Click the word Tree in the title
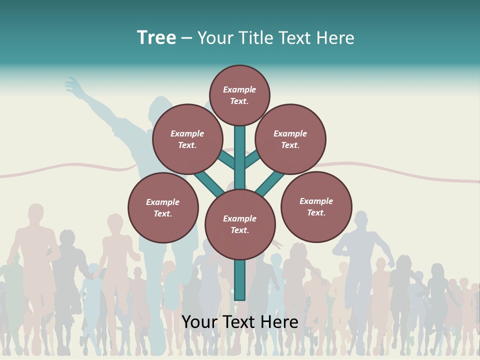156,37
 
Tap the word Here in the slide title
335,38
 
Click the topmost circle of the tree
239,95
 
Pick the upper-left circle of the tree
187,139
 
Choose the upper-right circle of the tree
290,139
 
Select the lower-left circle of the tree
163,207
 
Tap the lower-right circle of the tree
316,206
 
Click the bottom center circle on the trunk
240,224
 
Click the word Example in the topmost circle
239,89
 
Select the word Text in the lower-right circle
316,212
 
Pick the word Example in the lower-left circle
162,202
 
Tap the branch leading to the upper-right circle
252,159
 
